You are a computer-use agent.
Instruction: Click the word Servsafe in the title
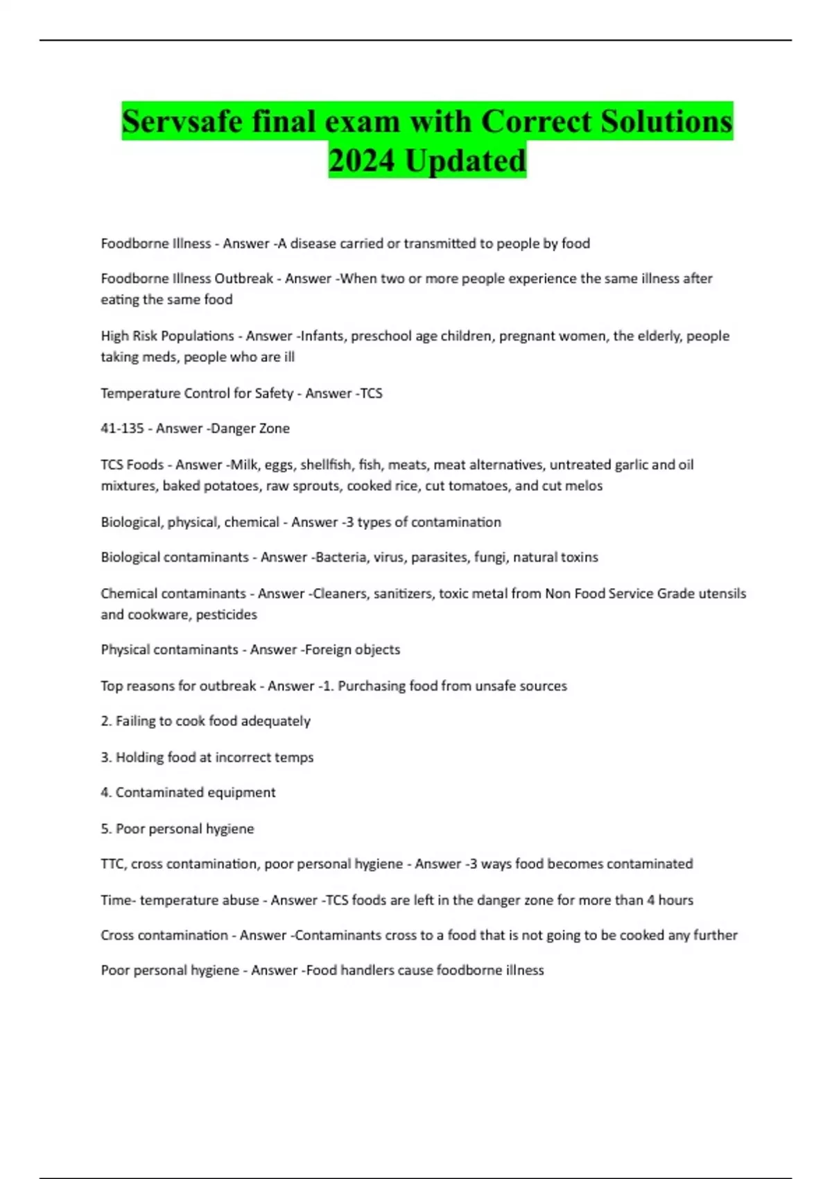click(182, 122)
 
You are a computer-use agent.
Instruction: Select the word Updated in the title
click(466, 161)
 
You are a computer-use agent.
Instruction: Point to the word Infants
click(322, 336)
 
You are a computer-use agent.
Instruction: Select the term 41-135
click(122, 429)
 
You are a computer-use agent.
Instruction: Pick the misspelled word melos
click(583, 486)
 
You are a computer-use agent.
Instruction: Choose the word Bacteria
click(340, 558)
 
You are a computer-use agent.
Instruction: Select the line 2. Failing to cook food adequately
click(205, 721)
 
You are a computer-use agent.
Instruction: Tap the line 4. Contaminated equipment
click(188, 793)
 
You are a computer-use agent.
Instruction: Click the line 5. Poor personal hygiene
click(177, 829)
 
